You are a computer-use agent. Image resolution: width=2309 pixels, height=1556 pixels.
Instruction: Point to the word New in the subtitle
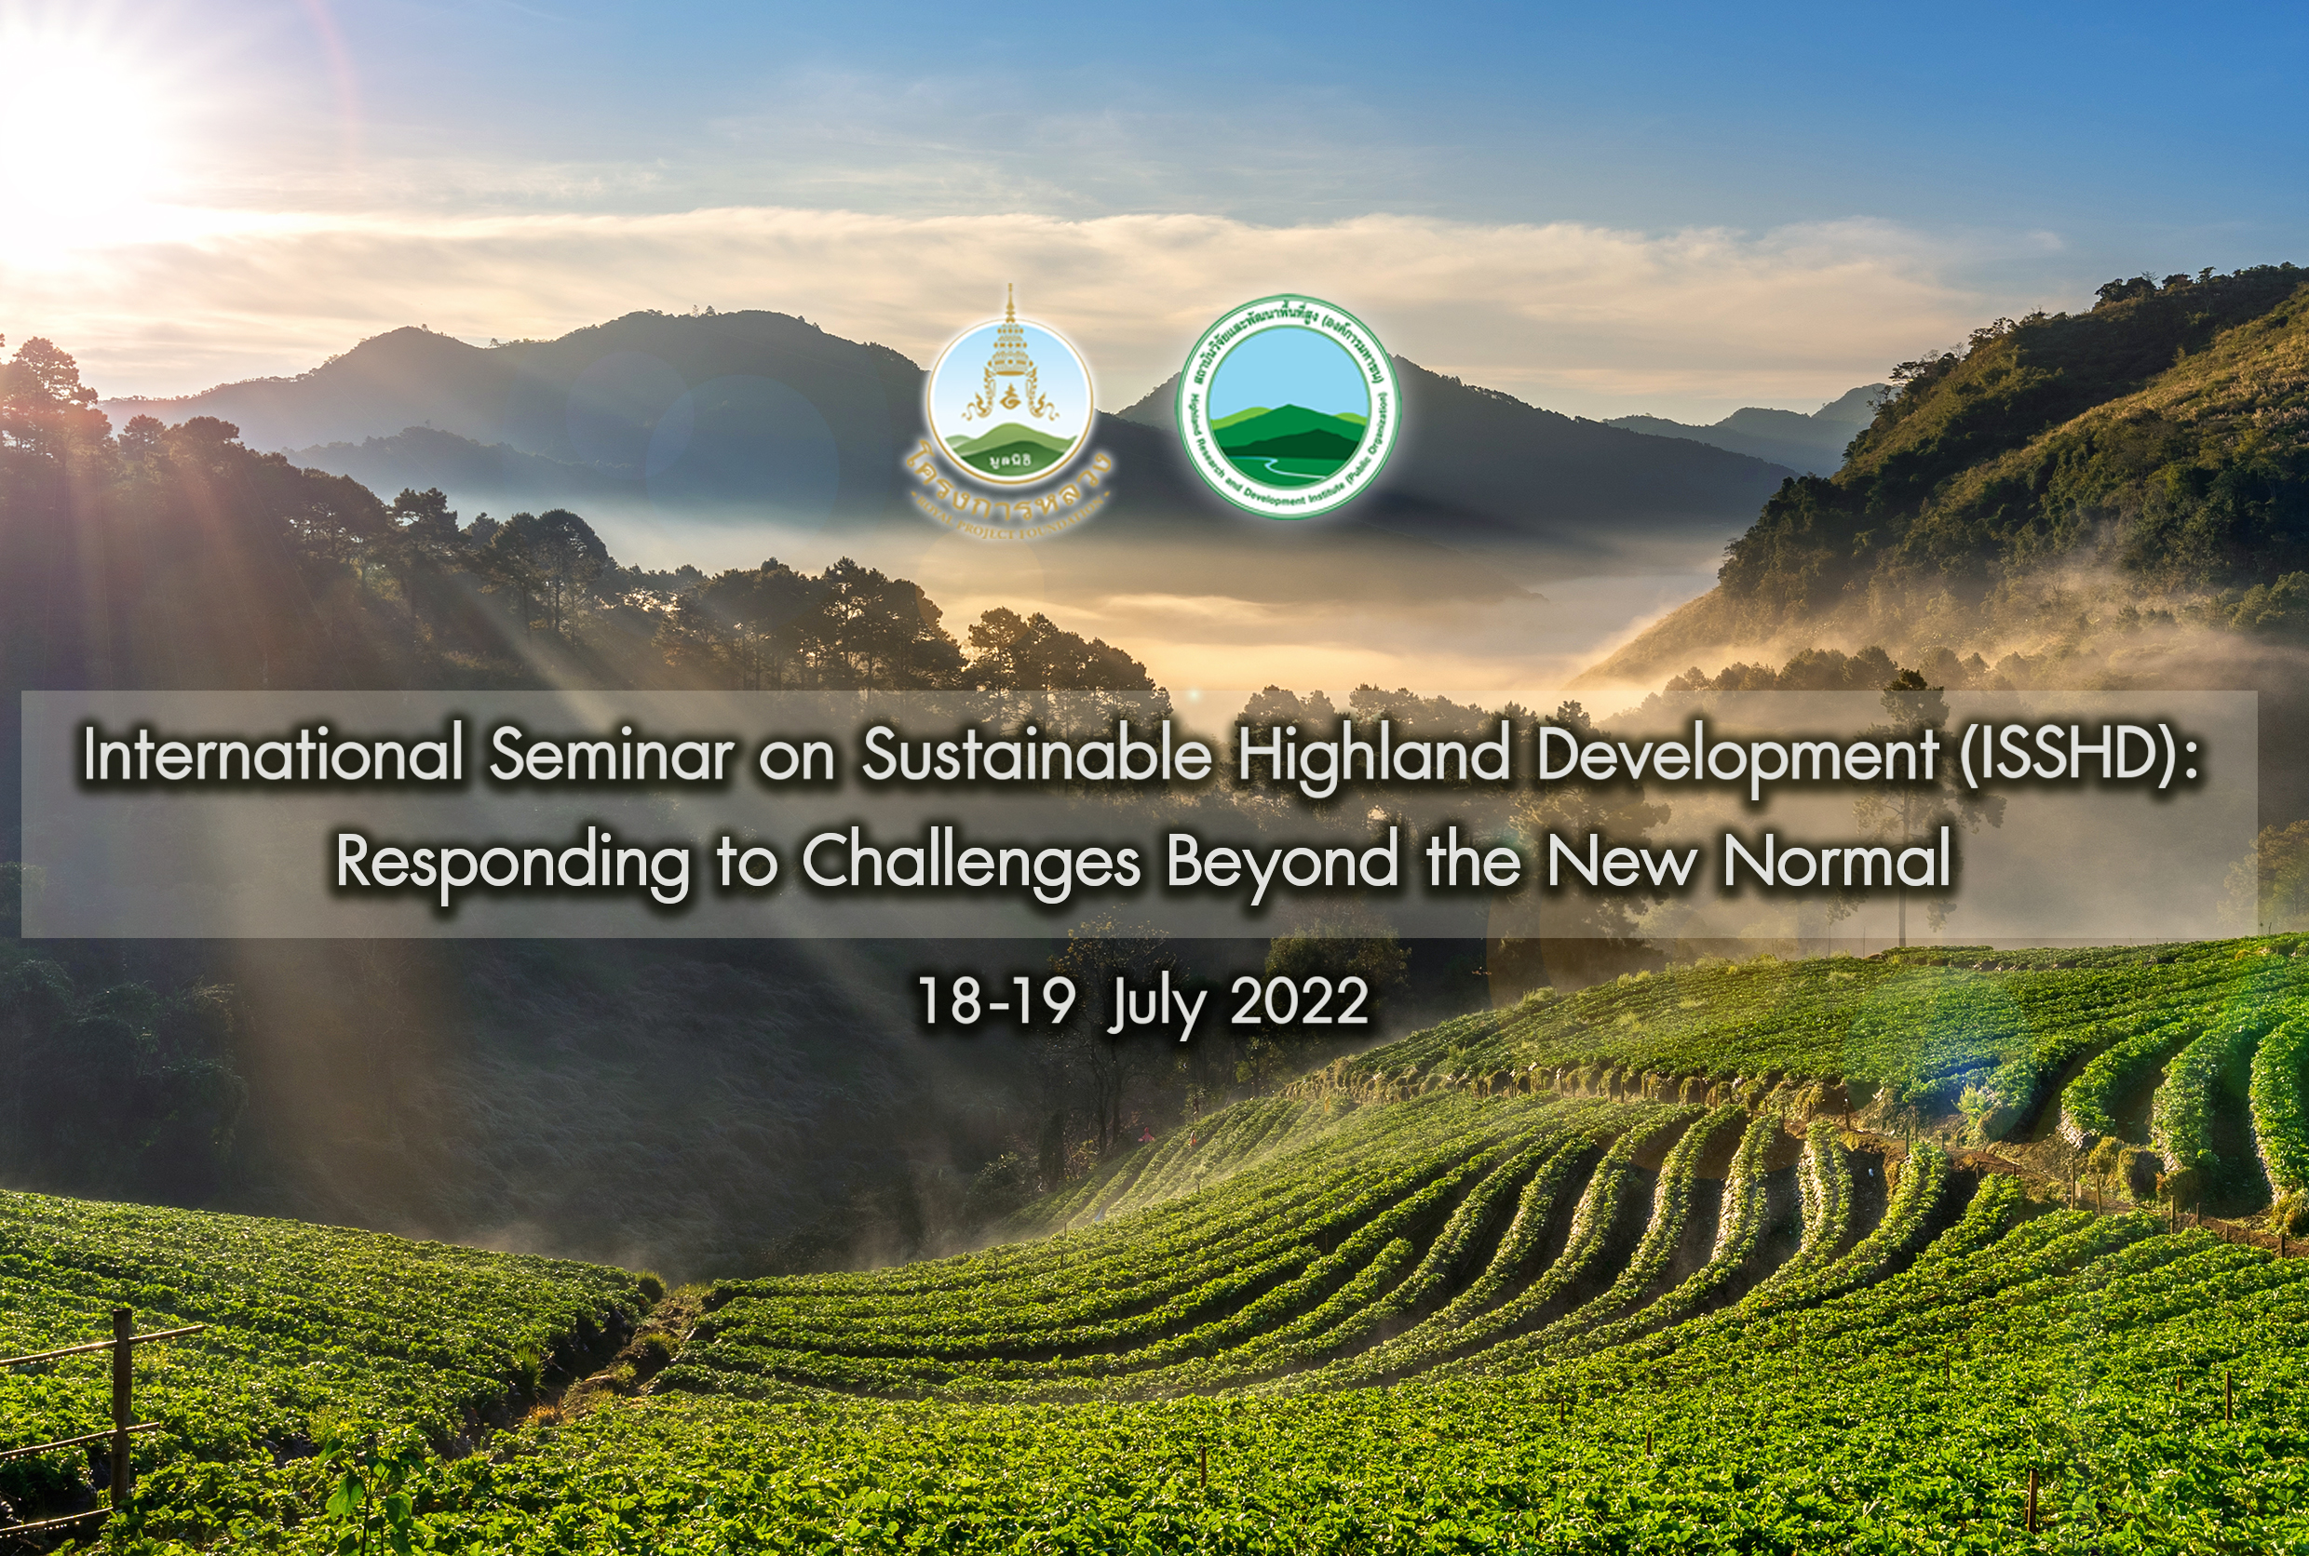tap(1621, 861)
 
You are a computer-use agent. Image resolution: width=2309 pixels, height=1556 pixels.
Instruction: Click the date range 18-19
tap(995, 1001)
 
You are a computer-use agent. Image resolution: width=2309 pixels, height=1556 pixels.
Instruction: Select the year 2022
tap(1300, 1001)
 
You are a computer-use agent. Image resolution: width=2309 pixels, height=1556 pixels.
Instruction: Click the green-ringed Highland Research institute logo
tap(1288, 407)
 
